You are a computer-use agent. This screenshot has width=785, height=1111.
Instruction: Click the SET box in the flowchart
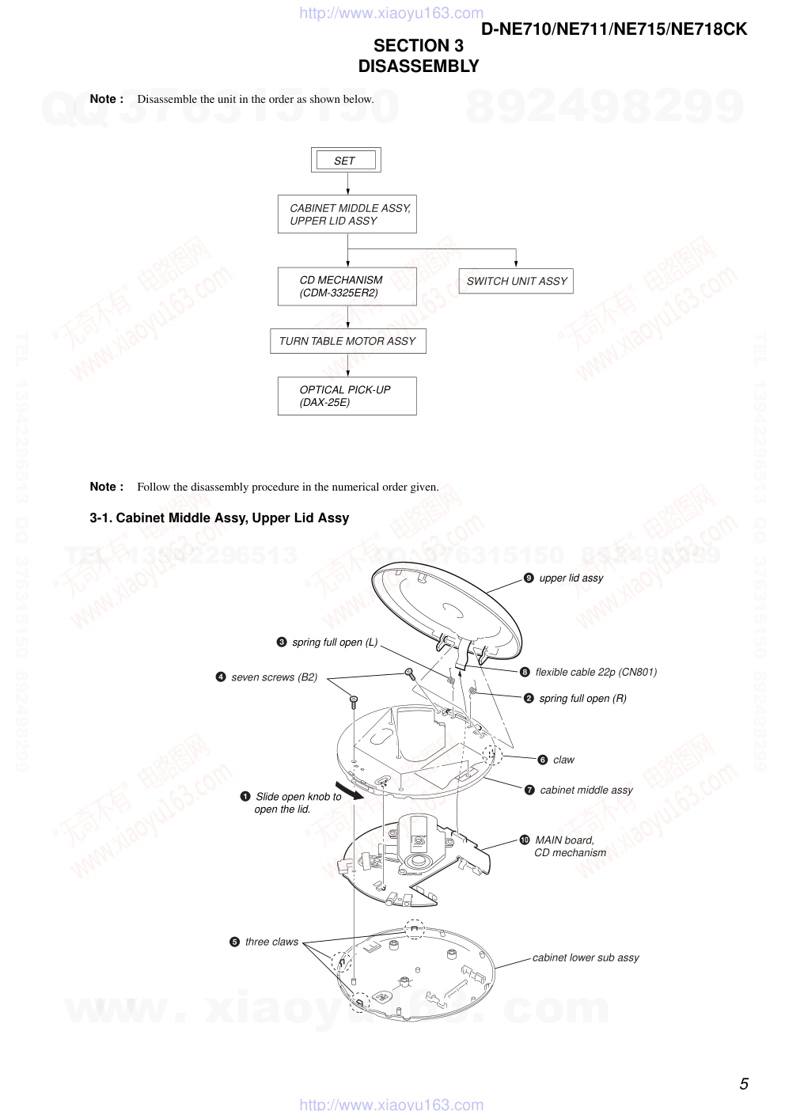click(346, 160)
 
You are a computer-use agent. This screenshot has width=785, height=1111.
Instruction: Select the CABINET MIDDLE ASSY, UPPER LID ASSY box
click(347, 214)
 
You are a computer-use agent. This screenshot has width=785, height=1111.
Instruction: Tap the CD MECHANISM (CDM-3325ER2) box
click(347, 286)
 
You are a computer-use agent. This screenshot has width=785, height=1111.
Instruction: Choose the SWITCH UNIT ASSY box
click(516, 281)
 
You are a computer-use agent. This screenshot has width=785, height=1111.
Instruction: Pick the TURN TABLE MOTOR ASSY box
click(347, 341)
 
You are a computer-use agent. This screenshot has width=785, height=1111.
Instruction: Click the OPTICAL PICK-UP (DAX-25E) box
click(347, 396)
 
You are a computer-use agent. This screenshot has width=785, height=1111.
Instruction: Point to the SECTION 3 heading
click(419, 46)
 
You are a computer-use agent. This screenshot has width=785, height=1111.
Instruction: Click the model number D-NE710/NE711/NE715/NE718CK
click(614, 29)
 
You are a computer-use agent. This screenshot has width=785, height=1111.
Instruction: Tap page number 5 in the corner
click(744, 1084)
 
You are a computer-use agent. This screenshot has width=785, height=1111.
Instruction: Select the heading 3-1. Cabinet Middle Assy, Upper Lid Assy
click(219, 518)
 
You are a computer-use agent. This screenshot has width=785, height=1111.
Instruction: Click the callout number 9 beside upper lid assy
click(529, 578)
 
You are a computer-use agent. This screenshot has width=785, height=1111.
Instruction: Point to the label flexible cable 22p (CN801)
click(596, 673)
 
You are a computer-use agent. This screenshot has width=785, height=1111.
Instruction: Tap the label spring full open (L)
click(335, 643)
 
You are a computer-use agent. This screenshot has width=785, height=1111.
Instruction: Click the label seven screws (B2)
click(274, 677)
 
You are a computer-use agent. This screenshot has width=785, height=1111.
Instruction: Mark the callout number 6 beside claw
click(542, 760)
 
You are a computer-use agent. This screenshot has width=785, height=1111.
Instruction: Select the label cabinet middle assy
click(586, 790)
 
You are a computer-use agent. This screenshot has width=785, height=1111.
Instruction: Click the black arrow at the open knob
click(349, 791)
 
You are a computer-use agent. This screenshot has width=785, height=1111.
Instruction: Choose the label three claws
click(271, 942)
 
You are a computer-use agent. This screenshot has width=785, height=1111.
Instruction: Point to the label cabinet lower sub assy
click(586, 957)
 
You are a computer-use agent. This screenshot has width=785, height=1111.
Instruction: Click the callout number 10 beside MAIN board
click(525, 840)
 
